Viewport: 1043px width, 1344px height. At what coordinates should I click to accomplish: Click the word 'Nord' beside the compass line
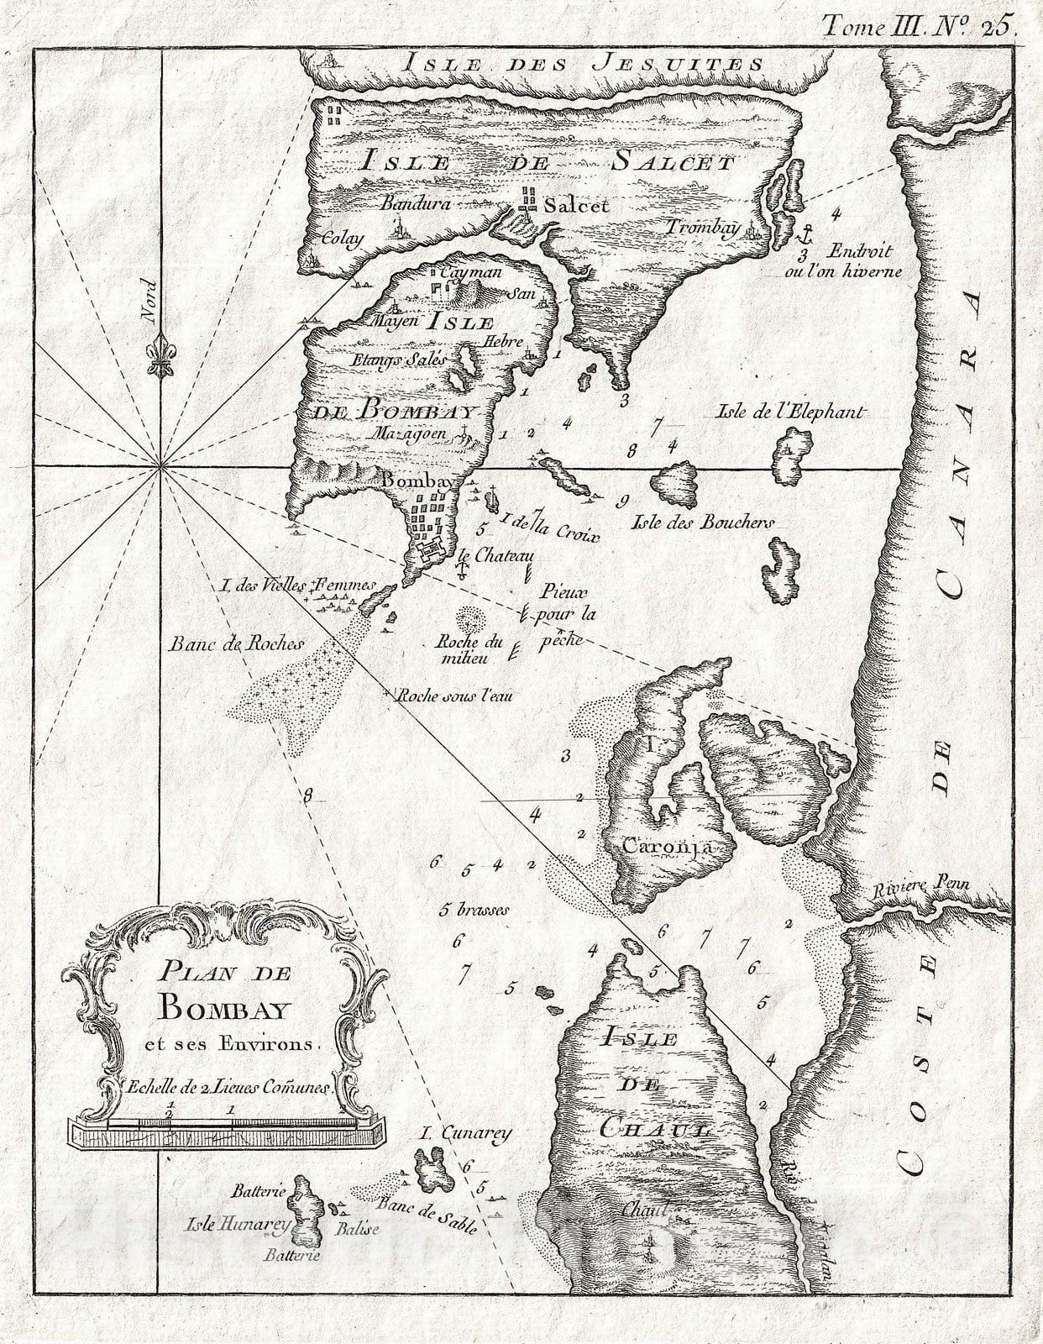tap(150, 301)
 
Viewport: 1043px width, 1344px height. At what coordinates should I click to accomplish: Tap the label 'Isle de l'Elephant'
tap(789, 412)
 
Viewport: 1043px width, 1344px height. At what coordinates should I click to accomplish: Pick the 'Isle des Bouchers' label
tap(702, 522)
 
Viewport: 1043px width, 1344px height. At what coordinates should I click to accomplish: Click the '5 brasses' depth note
tap(474, 910)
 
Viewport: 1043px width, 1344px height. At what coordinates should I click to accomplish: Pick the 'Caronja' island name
tap(667, 847)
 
